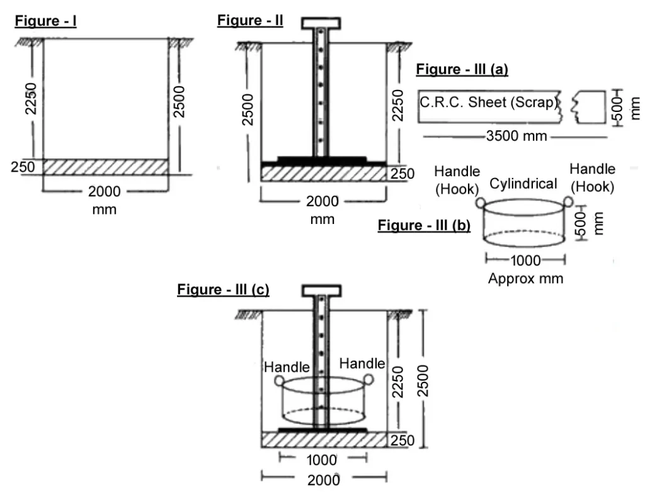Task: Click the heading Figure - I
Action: [x=45, y=21]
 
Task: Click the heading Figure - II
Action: [x=250, y=21]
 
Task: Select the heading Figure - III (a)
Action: [x=462, y=69]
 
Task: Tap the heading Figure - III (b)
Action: [x=424, y=226]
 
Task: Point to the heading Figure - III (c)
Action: [x=223, y=289]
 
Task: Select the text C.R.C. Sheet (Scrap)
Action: [x=489, y=103]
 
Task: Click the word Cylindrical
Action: [x=524, y=184]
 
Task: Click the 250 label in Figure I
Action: [x=22, y=167]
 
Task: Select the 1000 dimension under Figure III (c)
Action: [x=322, y=459]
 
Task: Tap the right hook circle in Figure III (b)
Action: [x=568, y=202]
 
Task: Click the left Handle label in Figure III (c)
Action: [x=287, y=366]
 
